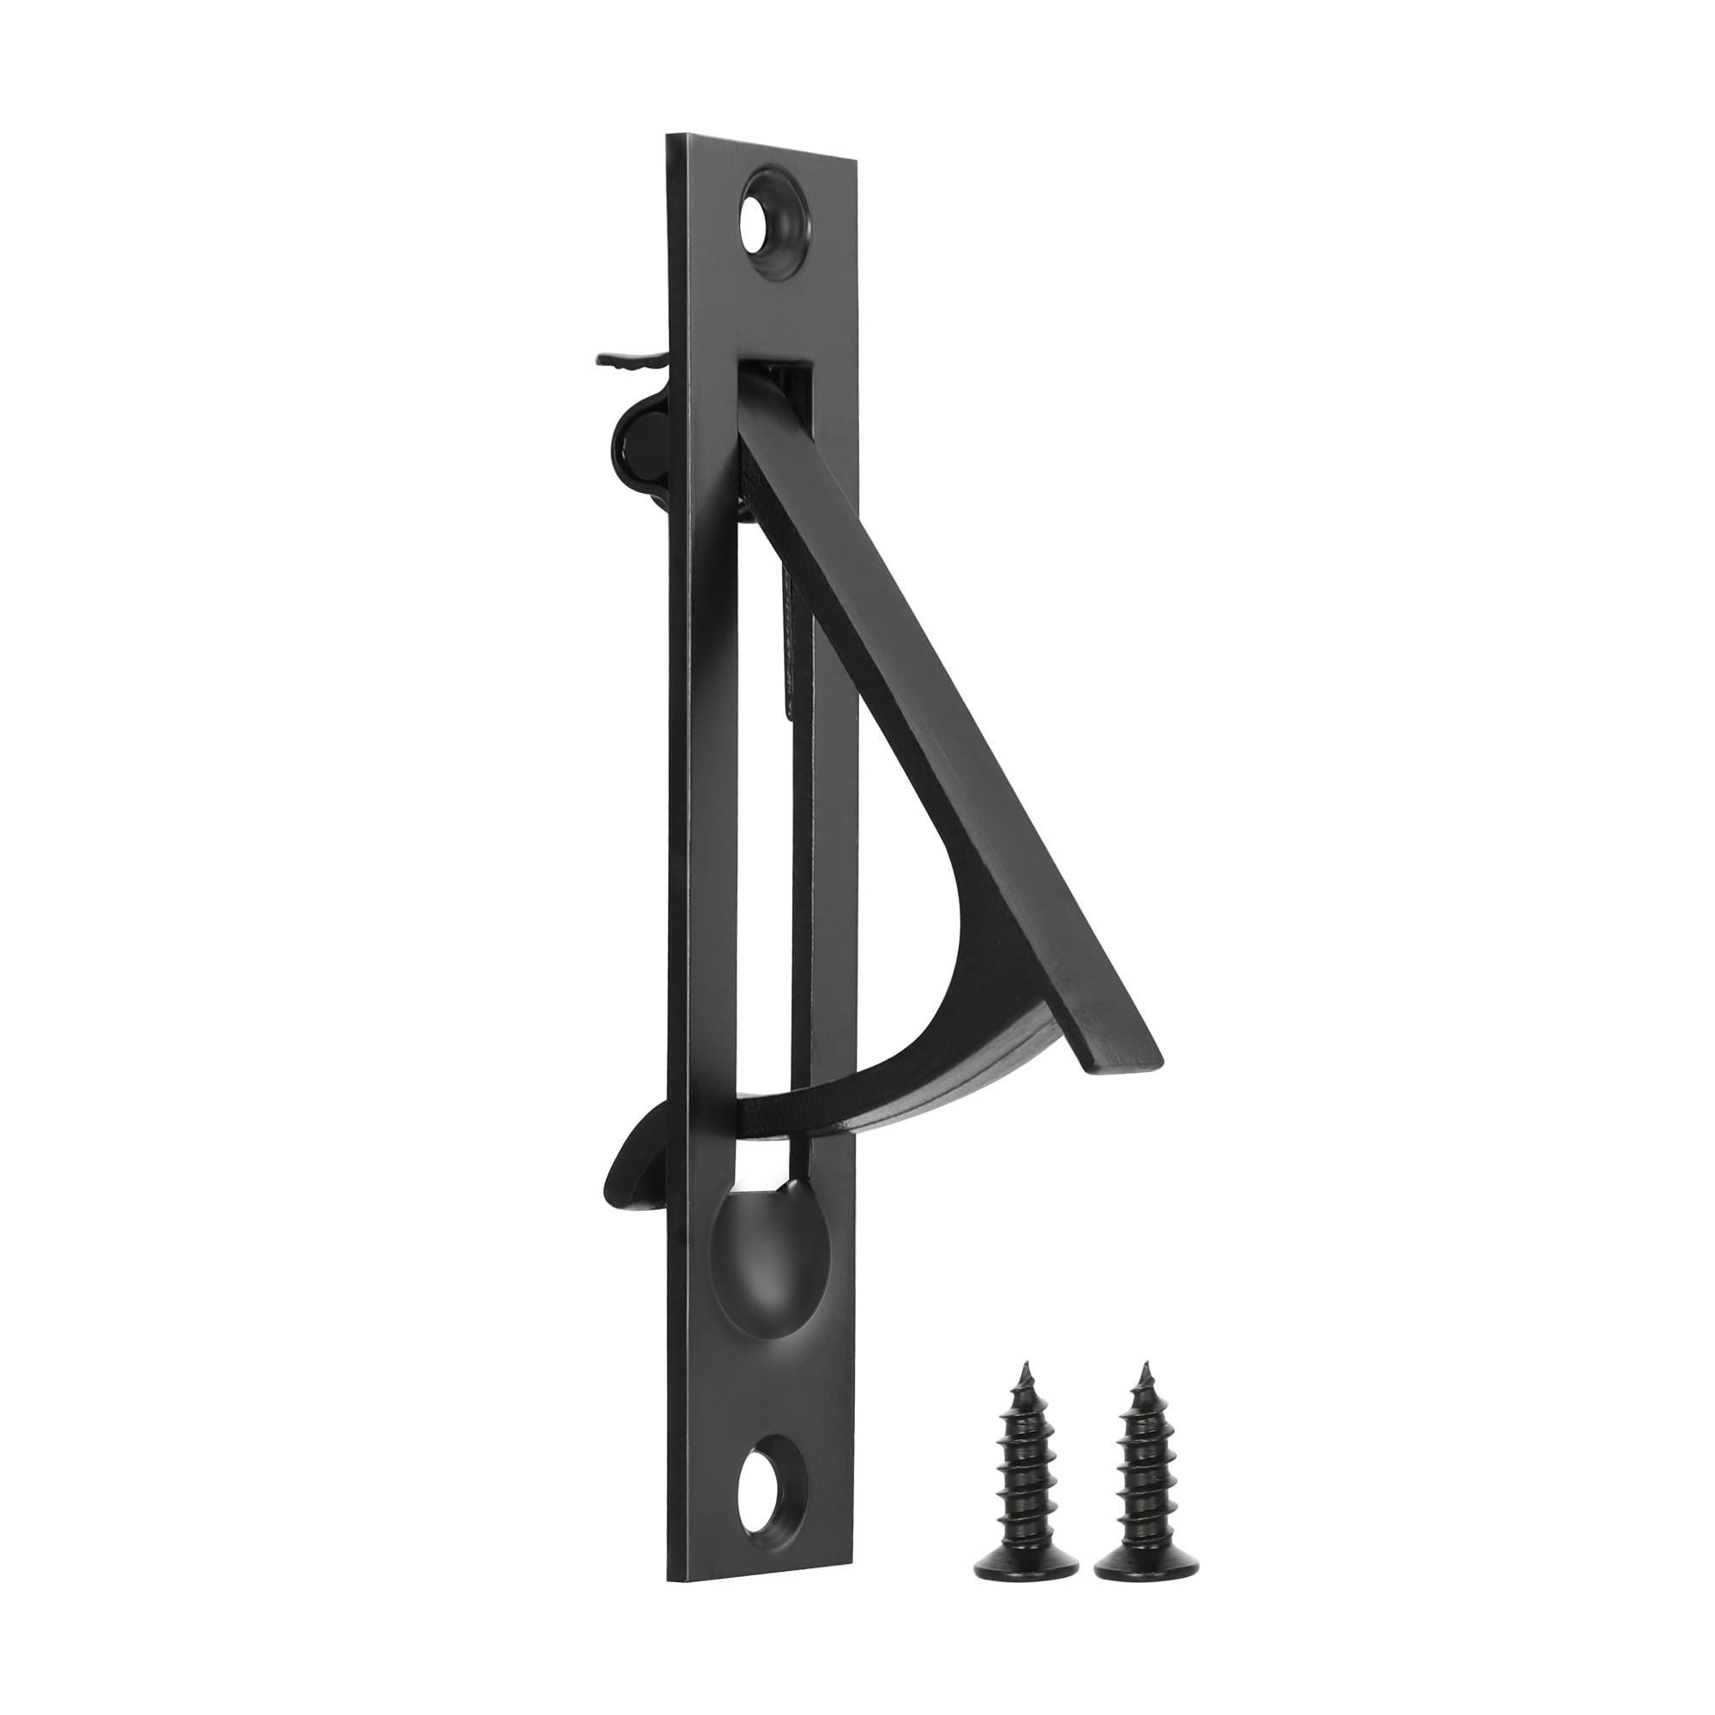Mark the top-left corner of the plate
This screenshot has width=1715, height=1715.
(667, 135)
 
